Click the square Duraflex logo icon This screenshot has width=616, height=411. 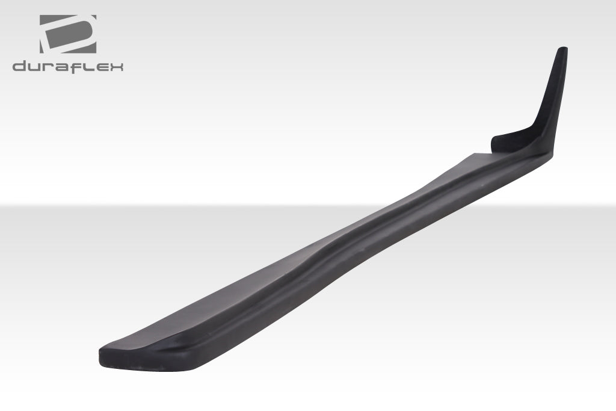[68, 34]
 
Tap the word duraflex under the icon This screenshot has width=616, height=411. [68, 66]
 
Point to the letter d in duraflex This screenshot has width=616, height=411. [20, 66]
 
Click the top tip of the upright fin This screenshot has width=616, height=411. [562, 49]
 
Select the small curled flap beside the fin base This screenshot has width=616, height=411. [504, 141]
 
